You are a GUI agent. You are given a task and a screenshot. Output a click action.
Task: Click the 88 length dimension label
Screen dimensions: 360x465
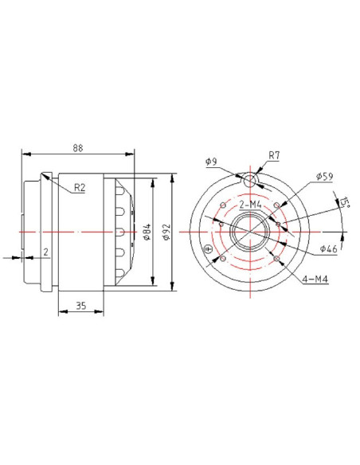(78, 148)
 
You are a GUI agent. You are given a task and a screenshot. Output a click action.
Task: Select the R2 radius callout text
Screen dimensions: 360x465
(80, 187)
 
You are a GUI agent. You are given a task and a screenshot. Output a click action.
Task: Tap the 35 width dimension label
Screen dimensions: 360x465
(81, 306)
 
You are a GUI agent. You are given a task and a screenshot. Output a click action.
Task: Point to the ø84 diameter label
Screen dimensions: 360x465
(147, 232)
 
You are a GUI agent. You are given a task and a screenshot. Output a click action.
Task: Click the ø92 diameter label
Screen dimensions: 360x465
(166, 232)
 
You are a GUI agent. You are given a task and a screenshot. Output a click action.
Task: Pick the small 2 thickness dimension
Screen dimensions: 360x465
(45, 252)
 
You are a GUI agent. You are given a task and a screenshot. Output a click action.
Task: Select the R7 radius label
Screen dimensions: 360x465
(274, 155)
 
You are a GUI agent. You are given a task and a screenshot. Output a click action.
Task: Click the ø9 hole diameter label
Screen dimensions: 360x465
(211, 162)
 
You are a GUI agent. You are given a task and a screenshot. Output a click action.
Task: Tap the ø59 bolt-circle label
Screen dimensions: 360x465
(324, 177)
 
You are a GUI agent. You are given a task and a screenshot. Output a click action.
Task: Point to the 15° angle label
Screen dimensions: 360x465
(345, 202)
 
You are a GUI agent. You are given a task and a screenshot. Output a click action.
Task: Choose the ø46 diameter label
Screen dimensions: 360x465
(329, 248)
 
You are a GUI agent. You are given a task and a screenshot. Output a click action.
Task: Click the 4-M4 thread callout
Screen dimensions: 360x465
(315, 279)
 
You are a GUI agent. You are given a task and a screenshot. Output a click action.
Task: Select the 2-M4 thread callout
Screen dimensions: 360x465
(250, 205)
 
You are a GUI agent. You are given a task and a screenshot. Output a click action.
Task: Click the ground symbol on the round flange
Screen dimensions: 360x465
(209, 249)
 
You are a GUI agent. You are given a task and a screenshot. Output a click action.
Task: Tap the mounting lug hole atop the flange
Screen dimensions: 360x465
(250, 180)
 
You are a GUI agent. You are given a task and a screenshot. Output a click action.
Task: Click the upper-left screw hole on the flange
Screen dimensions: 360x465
(223, 205)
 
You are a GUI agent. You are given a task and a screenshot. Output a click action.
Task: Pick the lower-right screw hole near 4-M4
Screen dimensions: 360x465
(276, 259)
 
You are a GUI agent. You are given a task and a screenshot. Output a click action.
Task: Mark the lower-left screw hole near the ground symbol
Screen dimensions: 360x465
(223, 259)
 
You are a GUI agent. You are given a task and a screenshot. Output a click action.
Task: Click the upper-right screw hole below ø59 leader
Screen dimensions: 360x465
(276, 205)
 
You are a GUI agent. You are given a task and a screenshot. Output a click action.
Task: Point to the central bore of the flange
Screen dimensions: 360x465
(250, 232)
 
